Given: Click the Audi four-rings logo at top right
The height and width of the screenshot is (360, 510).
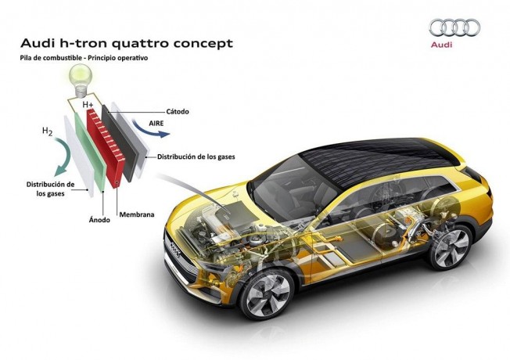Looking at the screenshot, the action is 454,27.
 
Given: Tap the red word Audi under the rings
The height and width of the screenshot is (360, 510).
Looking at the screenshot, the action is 441,45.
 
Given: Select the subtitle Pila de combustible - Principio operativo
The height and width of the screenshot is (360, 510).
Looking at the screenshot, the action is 84,58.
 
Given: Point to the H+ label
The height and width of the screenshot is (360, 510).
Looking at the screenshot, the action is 88,105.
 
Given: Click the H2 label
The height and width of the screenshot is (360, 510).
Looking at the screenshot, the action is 48,131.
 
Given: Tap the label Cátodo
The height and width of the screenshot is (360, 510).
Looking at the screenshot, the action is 178,112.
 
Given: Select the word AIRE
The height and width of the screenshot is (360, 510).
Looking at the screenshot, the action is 156,124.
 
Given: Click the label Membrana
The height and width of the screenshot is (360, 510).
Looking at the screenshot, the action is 137,215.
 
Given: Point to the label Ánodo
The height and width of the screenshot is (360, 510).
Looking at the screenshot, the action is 99,220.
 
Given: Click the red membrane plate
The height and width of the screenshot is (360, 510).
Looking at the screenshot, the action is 106,148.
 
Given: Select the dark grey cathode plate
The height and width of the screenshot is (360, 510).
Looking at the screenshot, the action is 120,143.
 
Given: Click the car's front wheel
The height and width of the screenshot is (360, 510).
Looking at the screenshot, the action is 268,294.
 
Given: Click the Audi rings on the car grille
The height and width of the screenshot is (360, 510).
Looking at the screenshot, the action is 175,250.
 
